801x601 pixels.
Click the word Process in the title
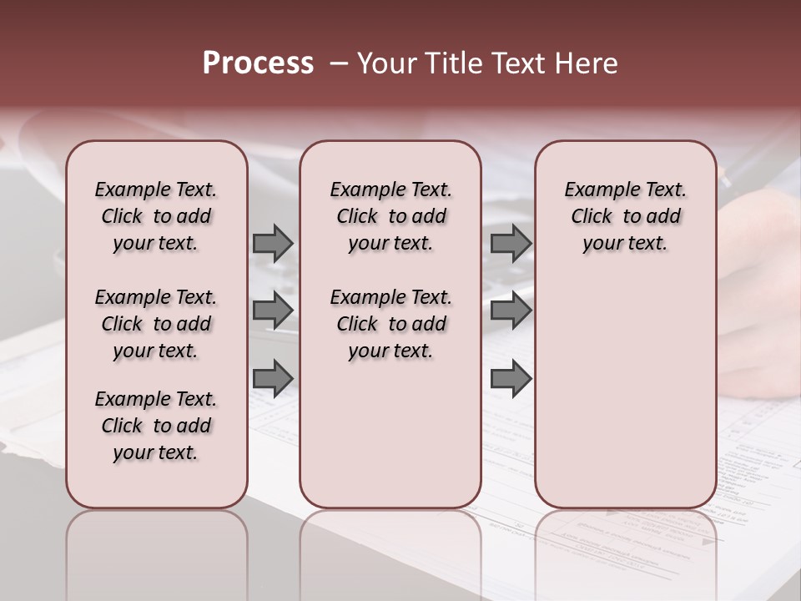(x=257, y=63)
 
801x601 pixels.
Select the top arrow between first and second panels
(x=273, y=243)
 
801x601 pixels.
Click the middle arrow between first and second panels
(x=273, y=311)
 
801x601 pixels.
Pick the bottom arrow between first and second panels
(x=273, y=379)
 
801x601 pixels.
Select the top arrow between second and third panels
(x=511, y=243)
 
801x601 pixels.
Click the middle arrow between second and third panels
(x=511, y=311)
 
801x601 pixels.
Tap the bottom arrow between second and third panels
(x=511, y=379)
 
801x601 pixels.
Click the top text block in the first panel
(x=156, y=216)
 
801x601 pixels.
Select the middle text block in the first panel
(x=156, y=324)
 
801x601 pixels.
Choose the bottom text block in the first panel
(x=156, y=426)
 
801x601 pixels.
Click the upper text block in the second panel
(x=390, y=216)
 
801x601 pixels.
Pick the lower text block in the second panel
(x=390, y=324)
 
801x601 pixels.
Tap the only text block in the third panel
(x=625, y=216)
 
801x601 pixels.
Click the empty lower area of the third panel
(x=625, y=401)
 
